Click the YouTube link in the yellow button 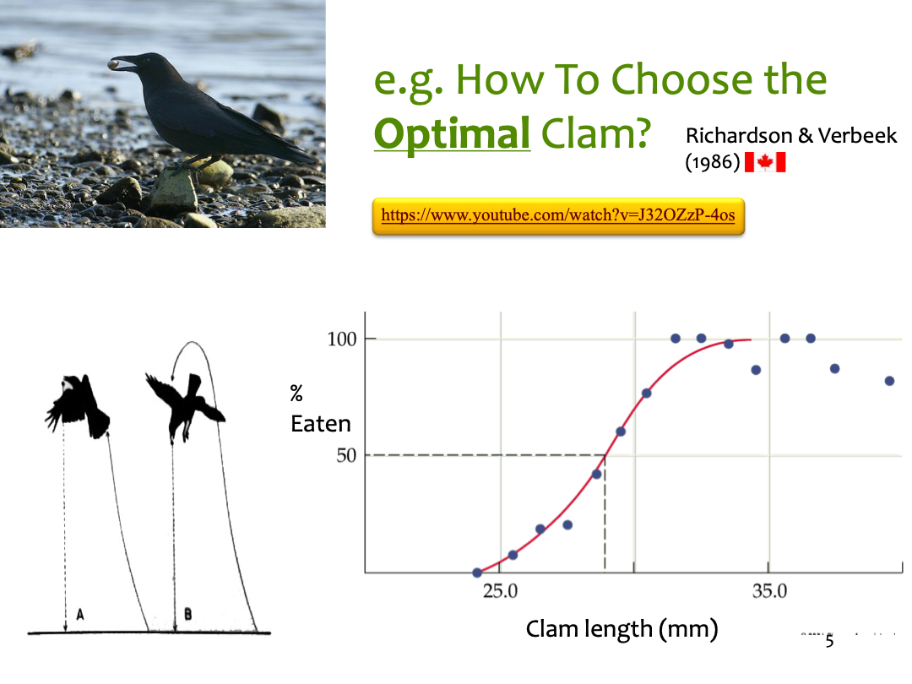tap(558, 215)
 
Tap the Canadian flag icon tap(765, 162)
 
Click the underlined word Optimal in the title tap(452, 133)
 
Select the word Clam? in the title tap(595, 133)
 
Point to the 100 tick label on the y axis tap(341, 339)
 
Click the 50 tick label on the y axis tap(346, 455)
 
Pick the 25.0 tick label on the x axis tap(500, 591)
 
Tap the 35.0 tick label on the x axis tap(769, 591)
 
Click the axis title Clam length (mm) tap(622, 629)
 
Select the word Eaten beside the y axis tap(321, 424)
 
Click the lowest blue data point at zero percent tap(477, 573)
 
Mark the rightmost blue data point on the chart tap(889, 381)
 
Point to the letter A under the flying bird tap(80, 614)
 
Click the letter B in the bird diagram tap(187, 614)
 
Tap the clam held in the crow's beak tap(115, 64)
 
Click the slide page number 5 tap(829, 641)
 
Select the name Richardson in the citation tap(739, 135)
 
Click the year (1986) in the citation tap(713, 161)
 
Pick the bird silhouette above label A tap(78, 406)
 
